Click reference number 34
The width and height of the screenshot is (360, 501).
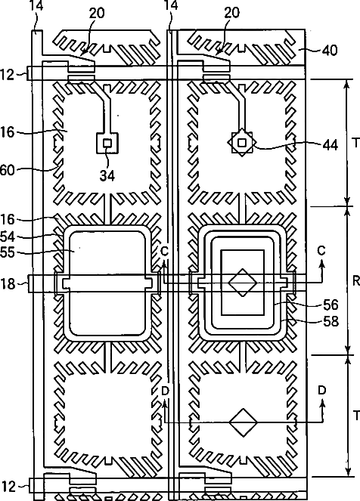pos(107,175)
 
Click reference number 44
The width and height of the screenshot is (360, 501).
pos(330,145)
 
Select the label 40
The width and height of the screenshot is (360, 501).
pos(330,51)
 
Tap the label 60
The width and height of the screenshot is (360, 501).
pos(7,170)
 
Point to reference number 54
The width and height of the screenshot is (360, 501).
pos(8,237)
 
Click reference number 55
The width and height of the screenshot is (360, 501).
pos(8,252)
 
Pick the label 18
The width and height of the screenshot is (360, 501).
pos(8,283)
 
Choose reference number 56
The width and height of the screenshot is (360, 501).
pos(331,305)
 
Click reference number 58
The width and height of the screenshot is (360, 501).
pos(331,321)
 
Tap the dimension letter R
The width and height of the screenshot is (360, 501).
pos(356,280)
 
